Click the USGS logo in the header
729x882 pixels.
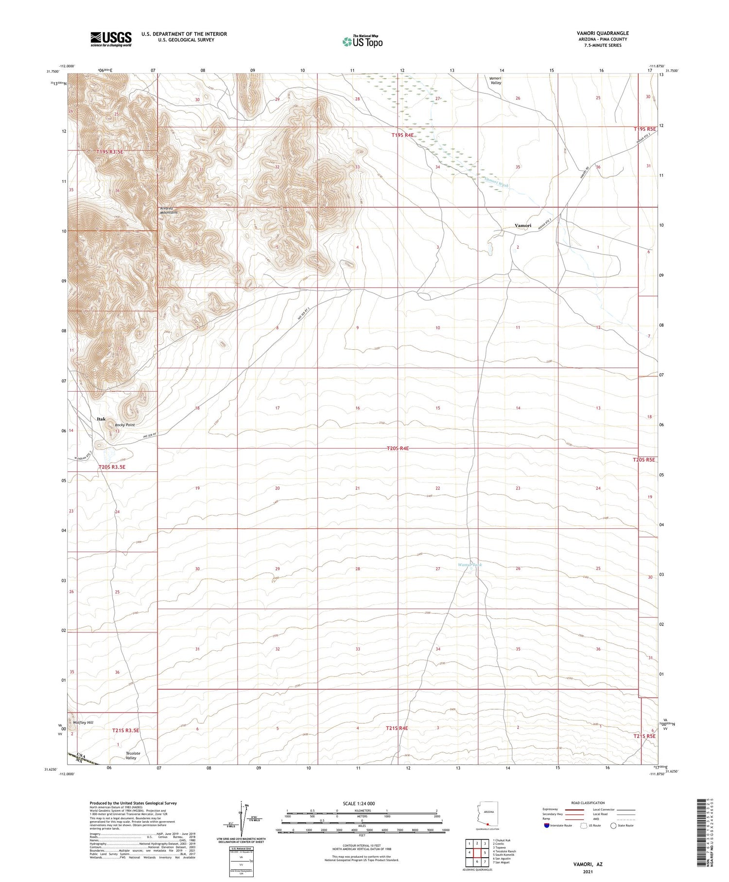[x=111, y=39]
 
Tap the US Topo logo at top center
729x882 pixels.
[x=362, y=42]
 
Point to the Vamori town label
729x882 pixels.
[x=523, y=226]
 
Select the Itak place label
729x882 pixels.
[x=101, y=419]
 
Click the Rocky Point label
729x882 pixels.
[x=125, y=425]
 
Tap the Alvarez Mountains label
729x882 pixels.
[x=169, y=211]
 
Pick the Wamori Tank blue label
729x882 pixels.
[x=470, y=565]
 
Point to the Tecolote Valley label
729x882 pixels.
[x=133, y=756]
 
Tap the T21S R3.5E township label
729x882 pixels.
[x=126, y=730]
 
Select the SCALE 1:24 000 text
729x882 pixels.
[x=359, y=804]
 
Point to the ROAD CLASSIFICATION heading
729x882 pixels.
[x=588, y=803]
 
